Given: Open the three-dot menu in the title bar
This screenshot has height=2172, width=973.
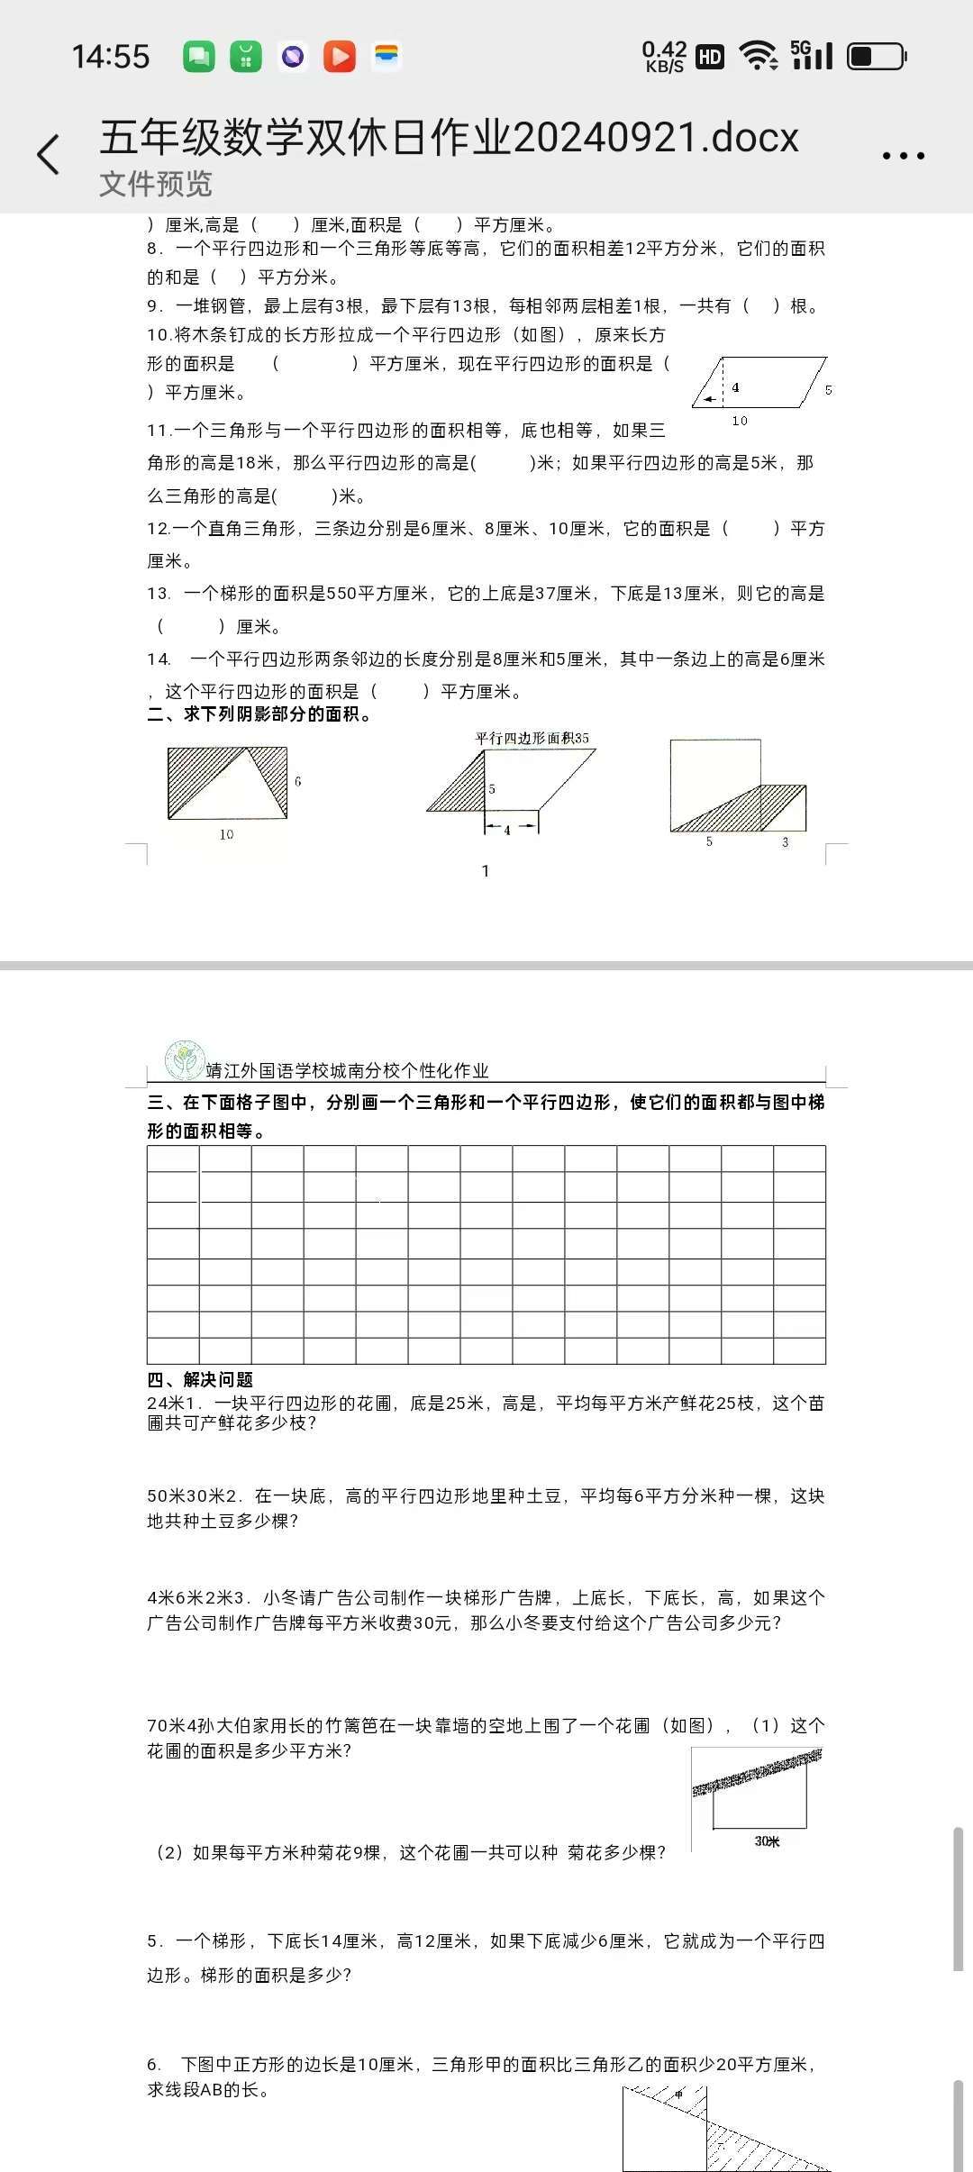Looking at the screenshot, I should (903, 156).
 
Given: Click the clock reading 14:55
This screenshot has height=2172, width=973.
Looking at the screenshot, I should (111, 57).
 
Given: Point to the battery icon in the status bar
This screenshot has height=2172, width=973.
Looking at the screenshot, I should (876, 57).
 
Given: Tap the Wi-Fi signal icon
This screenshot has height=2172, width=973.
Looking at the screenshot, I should (759, 56).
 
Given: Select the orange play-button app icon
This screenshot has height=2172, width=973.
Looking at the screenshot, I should (340, 57).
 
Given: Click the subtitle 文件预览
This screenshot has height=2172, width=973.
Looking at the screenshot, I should (156, 184).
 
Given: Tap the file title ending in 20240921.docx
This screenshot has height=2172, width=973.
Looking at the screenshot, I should (449, 137).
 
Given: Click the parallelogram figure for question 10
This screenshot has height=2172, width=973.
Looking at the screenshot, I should (759, 383).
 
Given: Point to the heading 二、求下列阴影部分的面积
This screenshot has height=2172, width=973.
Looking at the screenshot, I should (259, 714).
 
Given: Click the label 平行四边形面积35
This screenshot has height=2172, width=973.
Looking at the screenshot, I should (532, 738).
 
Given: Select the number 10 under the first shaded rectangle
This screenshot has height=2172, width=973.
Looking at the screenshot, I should (226, 834).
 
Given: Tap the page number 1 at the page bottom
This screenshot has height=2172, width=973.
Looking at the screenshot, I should (486, 870).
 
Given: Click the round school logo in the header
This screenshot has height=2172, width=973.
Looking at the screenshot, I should (185, 1060).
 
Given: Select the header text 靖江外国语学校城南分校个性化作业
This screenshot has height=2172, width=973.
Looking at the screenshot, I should (347, 1070).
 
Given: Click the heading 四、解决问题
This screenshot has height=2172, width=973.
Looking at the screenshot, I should (200, 1379).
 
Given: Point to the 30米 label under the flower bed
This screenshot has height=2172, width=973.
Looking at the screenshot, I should (767, 1841).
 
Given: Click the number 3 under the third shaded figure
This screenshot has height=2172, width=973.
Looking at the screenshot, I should (785, 841).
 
